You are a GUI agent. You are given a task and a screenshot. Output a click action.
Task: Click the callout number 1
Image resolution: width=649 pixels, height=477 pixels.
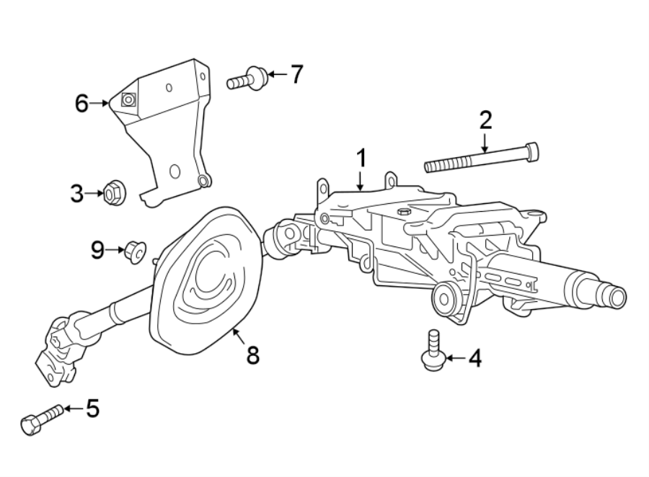[361, 158]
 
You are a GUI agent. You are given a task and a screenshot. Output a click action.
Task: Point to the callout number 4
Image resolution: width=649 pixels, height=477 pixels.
[474, 357]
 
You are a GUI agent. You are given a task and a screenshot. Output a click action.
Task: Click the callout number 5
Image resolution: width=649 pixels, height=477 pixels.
[92, 409]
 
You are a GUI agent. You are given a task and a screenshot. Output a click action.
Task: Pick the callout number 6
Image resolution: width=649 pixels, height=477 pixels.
[82, 104]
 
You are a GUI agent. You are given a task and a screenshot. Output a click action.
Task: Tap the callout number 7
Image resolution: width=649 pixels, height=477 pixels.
[296, 73]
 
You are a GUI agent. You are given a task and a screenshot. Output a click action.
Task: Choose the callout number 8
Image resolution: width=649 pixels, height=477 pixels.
[252, 355]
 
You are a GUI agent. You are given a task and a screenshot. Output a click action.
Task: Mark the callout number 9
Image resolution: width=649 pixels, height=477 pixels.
[98, 250]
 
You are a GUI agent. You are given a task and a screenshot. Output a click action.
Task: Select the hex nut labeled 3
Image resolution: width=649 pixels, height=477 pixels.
[112, 193]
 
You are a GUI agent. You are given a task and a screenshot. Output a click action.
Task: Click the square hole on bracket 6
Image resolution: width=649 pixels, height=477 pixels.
[128, 101]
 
